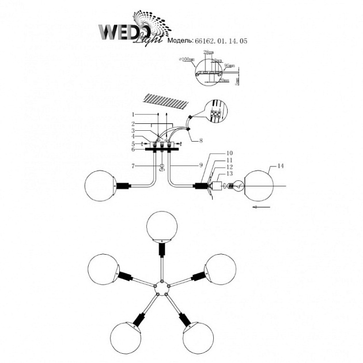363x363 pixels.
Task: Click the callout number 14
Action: click(281, 166)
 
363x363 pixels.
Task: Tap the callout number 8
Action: click(201, 139)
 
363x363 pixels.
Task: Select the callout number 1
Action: click(133, 114)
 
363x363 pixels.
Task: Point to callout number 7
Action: click(133, 166)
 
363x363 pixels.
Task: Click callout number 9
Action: click(201, 166)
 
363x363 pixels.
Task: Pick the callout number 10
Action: click(213, 153)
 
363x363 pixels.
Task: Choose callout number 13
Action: click(213, 173)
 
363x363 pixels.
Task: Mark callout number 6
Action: click(133, 150)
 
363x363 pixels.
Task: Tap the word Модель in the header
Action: click(183, 41)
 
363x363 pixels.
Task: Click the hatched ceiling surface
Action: click(166, 101)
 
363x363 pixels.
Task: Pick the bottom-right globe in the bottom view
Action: click(199, 338)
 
